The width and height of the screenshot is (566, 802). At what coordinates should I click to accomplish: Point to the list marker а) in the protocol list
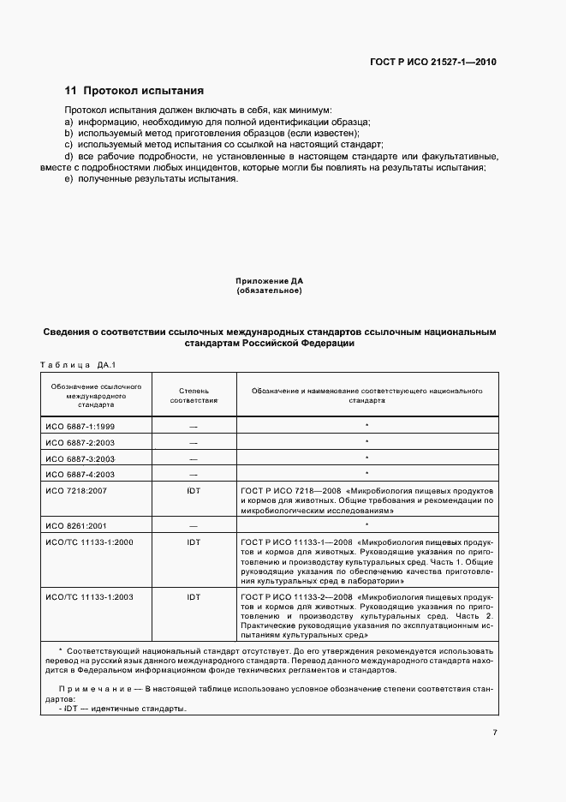point(69,123)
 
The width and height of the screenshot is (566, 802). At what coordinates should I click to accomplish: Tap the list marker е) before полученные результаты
point(69,178)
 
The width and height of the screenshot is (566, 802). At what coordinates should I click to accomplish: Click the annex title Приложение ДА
point(269,281)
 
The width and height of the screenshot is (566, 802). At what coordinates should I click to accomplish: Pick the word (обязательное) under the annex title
point(269,291)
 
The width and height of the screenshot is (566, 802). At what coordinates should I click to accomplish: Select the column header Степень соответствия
point(194,394)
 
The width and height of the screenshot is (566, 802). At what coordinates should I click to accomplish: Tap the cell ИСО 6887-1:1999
point(80,426)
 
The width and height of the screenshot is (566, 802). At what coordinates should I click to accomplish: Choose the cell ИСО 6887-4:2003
point(80,473)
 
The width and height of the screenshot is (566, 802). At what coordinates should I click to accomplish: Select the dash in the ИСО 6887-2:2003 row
point(194,442)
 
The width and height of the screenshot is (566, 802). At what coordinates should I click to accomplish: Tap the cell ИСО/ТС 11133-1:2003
point(88,594)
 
